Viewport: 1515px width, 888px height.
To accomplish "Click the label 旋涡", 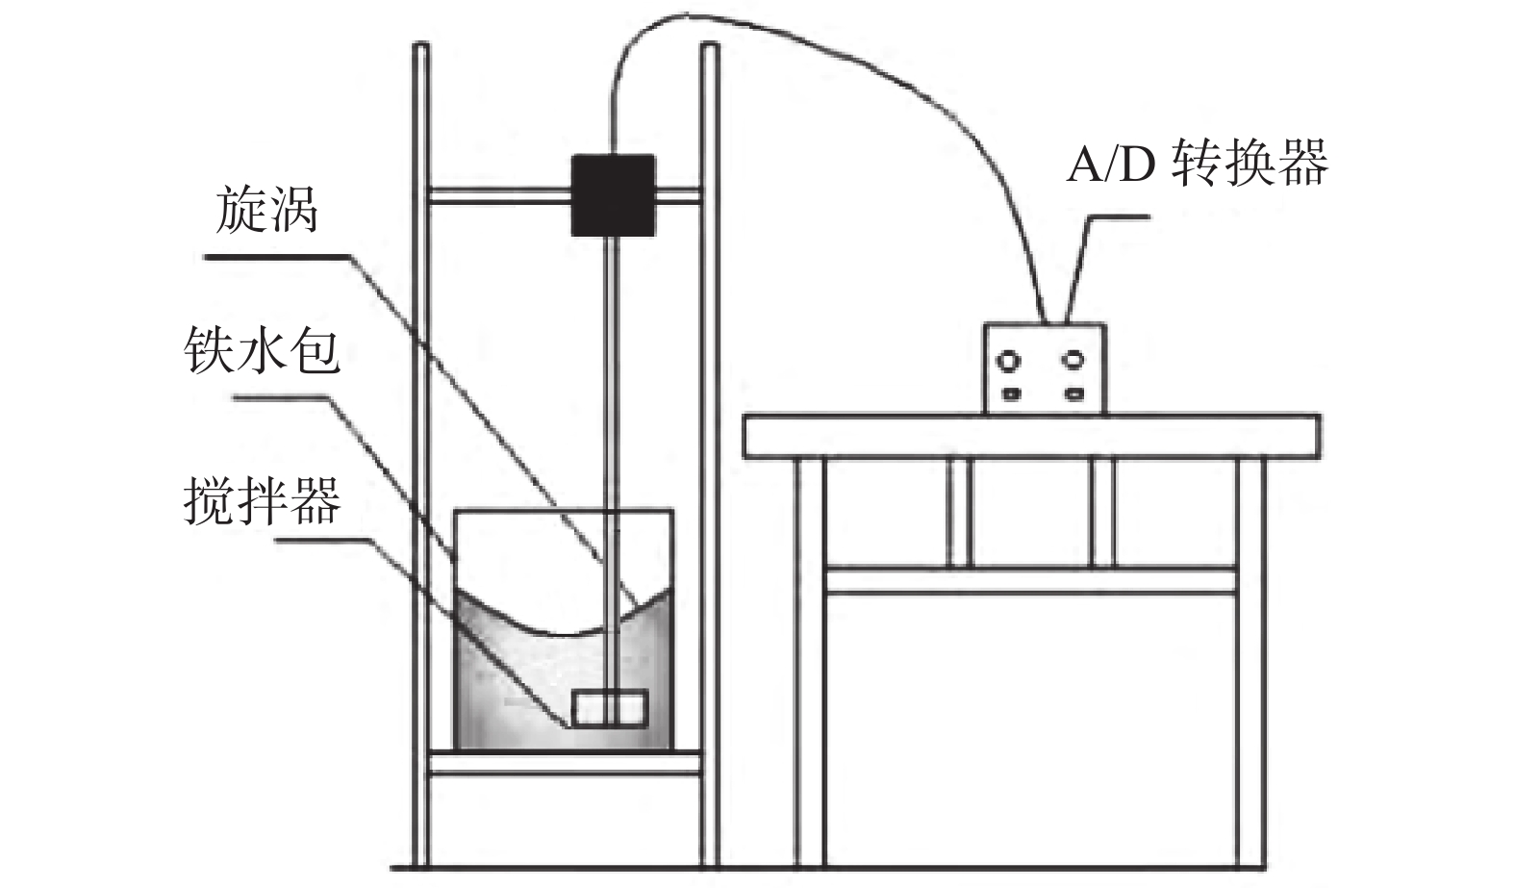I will (x=266, y=211).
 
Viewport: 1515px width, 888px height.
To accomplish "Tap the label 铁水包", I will (x=262, y=351).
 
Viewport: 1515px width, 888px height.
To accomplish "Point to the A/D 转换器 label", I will (x=1197, y=163).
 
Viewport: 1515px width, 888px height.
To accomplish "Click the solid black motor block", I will (x=613, y=194).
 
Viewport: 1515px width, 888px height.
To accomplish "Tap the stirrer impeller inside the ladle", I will (x=610, y=708).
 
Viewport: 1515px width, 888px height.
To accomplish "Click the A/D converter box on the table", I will (x=1044, y=368).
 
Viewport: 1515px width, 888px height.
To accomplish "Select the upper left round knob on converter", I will (x=1010, y=361).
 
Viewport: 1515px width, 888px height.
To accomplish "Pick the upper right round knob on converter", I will (x=1073, y=361).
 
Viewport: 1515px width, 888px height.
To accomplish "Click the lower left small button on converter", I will (x=1010, y=393).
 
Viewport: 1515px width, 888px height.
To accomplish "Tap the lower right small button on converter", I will (x=1073, y=393).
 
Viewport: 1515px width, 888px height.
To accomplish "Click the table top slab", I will (x=1032, y=435).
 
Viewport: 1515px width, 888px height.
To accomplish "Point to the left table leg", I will (x=809, y=664).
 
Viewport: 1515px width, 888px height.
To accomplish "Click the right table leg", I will (x=1251, y=664).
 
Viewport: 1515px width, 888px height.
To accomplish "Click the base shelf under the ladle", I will (x=565, y=764).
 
